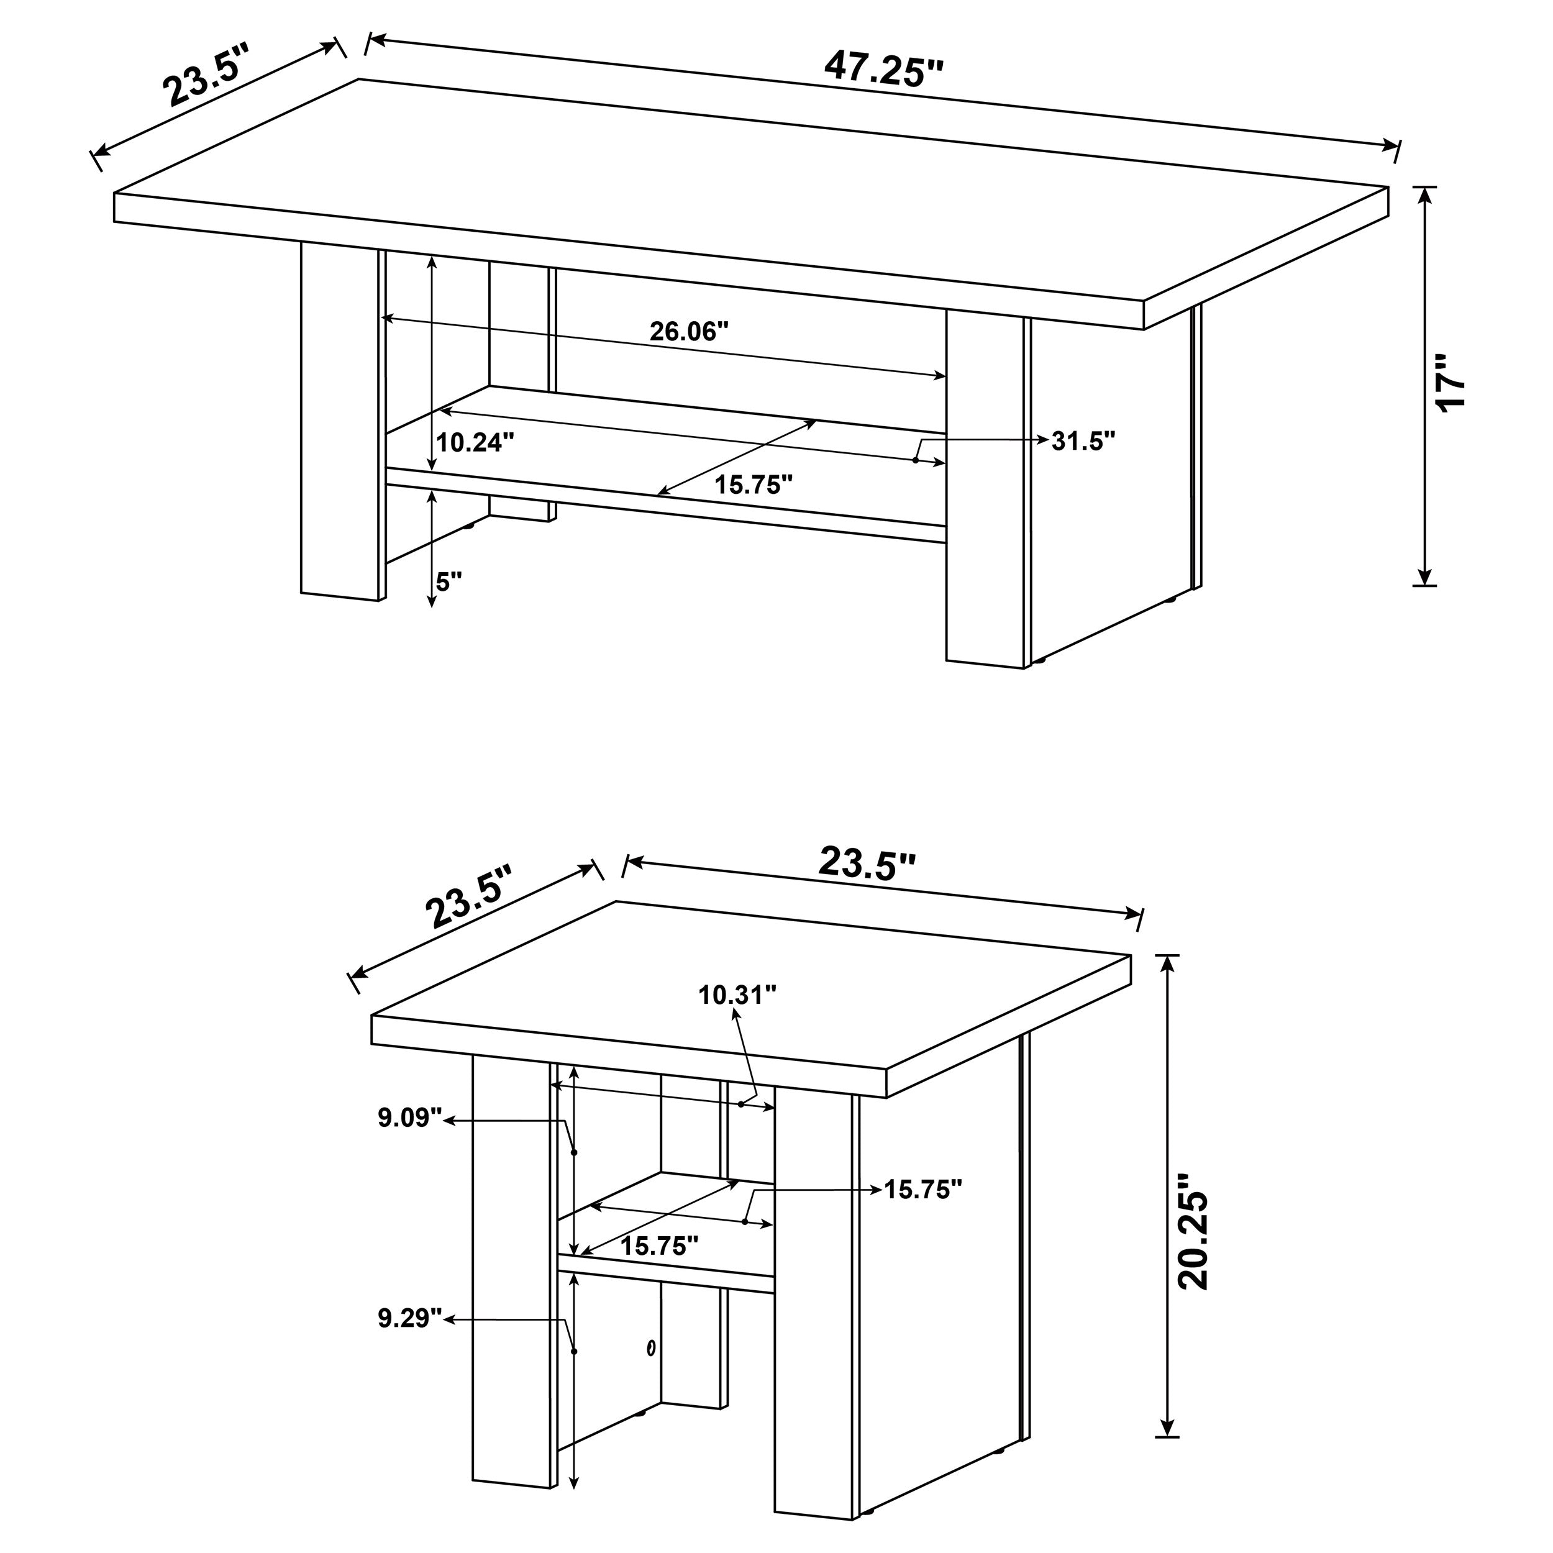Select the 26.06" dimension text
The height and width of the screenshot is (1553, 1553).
[x=689, y=331]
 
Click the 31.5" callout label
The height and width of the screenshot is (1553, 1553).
[x=1083, y=440]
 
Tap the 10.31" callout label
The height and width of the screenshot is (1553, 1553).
[x=737, y=995]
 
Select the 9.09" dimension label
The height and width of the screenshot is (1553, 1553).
[x=410, y=1118]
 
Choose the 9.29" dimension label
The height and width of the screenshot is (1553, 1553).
[x=410, y=1318]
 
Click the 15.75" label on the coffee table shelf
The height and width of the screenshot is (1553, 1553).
[x=754, y=485]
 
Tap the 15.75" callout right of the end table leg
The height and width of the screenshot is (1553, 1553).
[x=923, y=1189]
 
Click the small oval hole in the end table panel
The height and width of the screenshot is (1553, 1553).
[x=650, y=1347]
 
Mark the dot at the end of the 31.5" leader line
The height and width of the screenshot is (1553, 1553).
[x=916, y=460]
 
